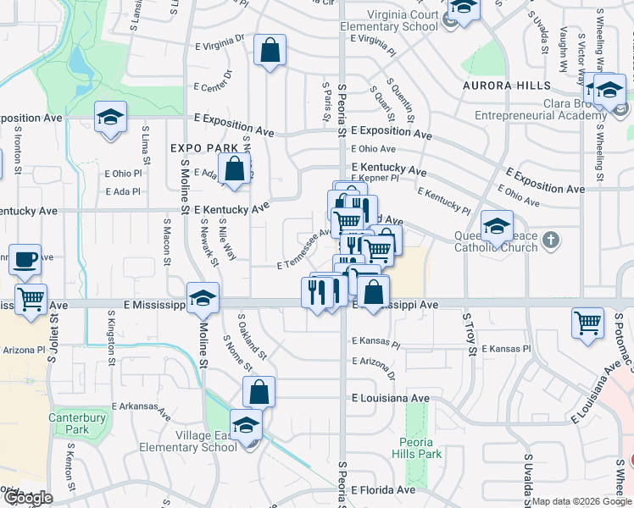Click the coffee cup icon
(x=25, y=259)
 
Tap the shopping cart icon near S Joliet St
(x=31, y=299)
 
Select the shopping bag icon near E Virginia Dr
(x=270, y=51)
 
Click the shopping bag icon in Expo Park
(x=235, y=168)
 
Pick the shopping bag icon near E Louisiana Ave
(x=259, y=392)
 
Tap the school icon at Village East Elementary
(x=246, y=425)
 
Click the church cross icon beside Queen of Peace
(x=551, y=240)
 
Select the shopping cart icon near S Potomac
(x=588, y=323)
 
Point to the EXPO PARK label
(x=204, y=148)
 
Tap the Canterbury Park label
(x=77, y=423)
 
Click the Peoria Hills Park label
(x=421, y=449)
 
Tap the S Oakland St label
(x=252, y=335)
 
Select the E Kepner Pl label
(x=374, y=179)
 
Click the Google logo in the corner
(x=28, y=498)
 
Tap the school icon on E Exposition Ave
(x=110, y=118)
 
